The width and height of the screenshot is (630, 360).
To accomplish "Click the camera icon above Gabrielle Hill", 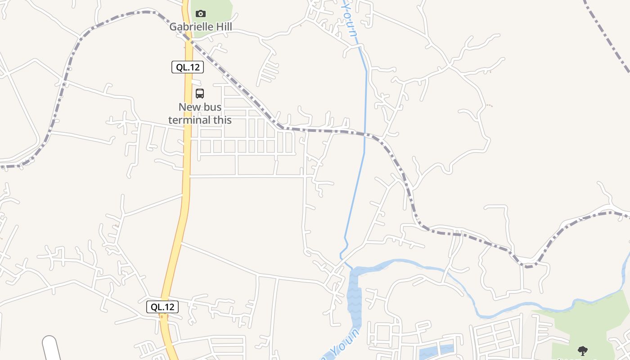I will coord(201,14).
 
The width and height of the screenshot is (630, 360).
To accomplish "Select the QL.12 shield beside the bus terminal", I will coord(188,67).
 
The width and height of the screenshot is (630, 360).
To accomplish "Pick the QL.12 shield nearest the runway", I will coord(162,307).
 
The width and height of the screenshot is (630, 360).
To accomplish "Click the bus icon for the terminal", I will coord(200,94).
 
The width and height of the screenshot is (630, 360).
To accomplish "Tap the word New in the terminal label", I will coord(189,108).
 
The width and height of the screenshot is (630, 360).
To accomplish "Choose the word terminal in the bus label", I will coord(190,120).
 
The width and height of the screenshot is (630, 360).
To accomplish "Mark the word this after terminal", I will coord(223,120).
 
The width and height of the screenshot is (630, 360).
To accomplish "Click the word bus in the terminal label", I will coord(212,108).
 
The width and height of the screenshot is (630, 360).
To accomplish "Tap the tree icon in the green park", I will coord(583,351).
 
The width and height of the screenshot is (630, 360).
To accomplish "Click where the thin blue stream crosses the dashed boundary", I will coord(365,134).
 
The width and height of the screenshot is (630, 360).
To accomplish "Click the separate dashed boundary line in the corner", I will coord(607,36).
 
